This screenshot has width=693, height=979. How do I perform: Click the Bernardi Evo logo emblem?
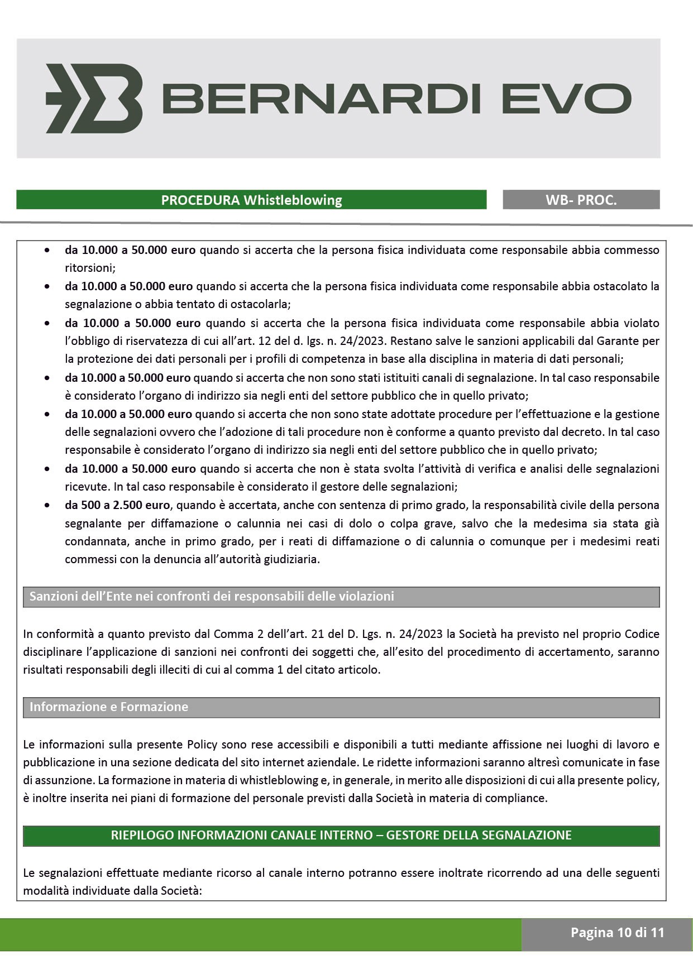pos(94,98)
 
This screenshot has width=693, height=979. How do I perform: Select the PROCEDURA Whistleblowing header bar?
pos(251,200)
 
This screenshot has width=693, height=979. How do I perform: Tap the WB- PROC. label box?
pos(581,200)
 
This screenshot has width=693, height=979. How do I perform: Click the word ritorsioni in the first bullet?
pos(89,268)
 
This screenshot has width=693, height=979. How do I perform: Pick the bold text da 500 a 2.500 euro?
pos(117,505)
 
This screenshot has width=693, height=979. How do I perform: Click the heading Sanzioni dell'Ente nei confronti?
pos(212,596)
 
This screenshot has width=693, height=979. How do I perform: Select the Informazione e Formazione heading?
pos(109,707)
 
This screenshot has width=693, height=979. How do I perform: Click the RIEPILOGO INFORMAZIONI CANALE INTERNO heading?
pos(341,835)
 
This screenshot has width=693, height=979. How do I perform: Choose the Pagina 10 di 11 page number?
pos(617,932)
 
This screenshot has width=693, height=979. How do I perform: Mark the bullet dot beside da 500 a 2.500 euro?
pos(49,506)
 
